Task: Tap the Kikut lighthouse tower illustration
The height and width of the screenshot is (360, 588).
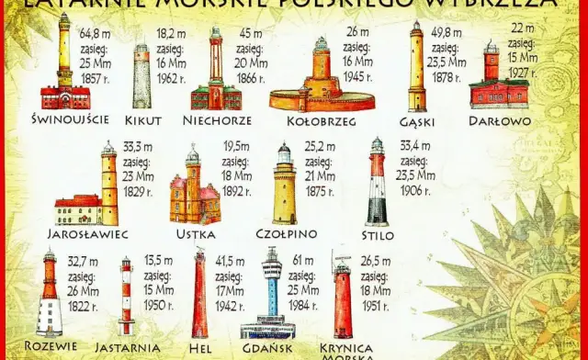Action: pyautogui.click(x=141, y=77)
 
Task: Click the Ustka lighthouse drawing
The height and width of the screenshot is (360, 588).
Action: pyautogui.click(x=194, y=188)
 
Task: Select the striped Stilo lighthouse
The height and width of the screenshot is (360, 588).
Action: pyautogui.click(x=377, y=184)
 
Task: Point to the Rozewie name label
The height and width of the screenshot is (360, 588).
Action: pyautogui.click(x=51, y=344)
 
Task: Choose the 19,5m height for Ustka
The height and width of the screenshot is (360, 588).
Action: pyautogui.click(x=237, y=146)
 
